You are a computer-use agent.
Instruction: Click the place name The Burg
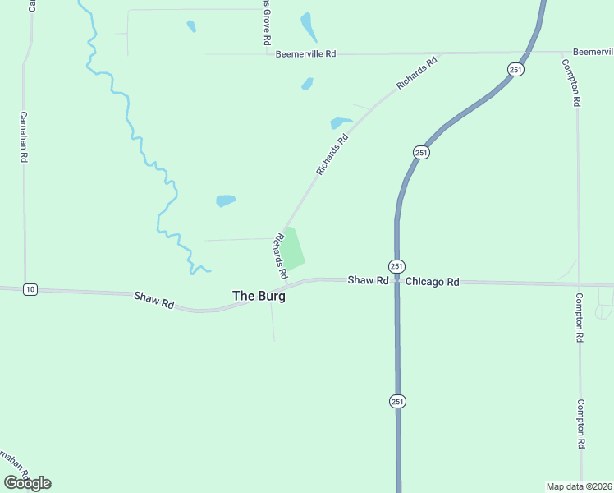[x=259, y=296]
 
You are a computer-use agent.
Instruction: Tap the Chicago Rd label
[x=432, y=281]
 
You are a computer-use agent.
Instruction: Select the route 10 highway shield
[x=30, y=288]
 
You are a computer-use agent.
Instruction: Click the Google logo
[x=27, y=483]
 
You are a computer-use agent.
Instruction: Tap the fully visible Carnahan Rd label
[x=24, y=136]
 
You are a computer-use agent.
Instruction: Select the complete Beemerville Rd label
[x=305, y=53]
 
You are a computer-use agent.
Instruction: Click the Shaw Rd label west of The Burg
[x=154, y=299]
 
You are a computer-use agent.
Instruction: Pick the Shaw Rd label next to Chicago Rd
[x=367, y=280]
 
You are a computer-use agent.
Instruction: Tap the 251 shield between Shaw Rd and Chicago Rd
[x=396, y=266]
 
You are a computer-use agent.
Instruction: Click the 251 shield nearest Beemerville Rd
[x=515, y=70]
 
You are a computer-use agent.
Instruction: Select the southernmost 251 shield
[x=396, y=401]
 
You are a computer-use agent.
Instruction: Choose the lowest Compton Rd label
[x=580, y=424]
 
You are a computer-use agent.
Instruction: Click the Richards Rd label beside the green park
[x=280, y=255]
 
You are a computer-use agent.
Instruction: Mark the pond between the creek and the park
[x=226, y=200]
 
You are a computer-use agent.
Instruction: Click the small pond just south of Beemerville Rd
[x=307, y=84]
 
